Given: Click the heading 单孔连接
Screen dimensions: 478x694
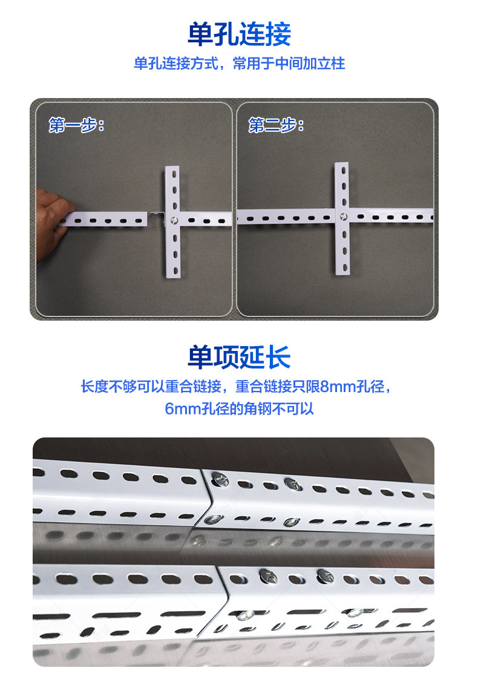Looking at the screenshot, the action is click(x=239, y=34).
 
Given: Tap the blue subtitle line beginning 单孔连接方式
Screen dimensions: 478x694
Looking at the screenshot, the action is click(x=239, y=64).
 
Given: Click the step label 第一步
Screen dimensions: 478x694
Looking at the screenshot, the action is click(x=76, y=125).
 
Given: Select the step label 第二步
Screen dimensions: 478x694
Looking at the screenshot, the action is click(x=276, y=125).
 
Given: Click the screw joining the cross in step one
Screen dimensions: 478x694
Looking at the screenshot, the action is click(x=174, y=220).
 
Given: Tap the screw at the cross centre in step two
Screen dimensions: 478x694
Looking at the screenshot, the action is click(x=343, y=217).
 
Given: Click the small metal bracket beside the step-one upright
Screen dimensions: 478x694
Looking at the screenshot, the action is click(x=157, y=217).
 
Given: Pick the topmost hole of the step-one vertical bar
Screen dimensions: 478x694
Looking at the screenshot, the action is click(x=174, y=174).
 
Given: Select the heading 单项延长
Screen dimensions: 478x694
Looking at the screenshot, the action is click(x=239, y=357).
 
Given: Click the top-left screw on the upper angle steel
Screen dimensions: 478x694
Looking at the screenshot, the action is click(x=220, y=479).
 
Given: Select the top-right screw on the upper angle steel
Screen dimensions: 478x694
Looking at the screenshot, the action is click(x=293, y=484).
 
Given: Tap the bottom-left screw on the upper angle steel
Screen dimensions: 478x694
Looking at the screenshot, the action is click(x=213, y=519).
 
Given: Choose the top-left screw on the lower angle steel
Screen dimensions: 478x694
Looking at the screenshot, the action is click(x=269, y=576).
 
